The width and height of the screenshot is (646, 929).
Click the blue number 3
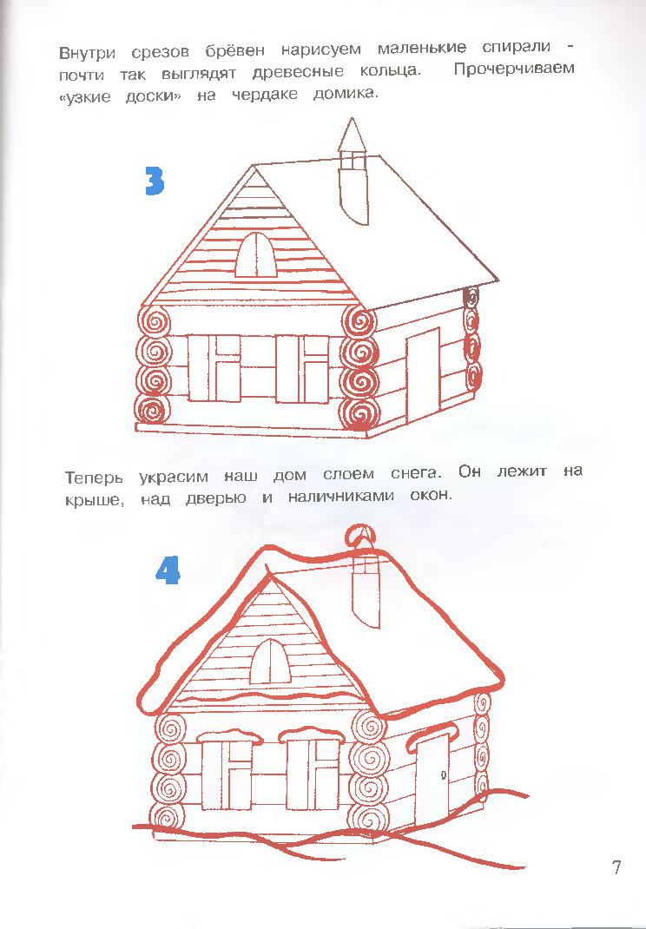point(154,181)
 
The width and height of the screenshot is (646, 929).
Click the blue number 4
point(168,571)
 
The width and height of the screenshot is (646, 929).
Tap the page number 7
point(617,867)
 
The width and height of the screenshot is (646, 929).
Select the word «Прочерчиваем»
point(514,69)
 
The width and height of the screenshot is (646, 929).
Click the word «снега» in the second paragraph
point(417,474)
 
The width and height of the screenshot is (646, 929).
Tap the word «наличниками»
point(340,497)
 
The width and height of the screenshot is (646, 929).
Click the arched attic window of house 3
point(256,254)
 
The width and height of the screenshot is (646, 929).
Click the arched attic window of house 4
point(270,662)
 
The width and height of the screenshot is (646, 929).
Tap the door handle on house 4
point(443,775)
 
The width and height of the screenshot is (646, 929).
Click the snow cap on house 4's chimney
point(361,538)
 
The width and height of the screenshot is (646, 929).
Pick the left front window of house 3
point(214,368)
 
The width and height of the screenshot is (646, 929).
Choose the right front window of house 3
point(301,369)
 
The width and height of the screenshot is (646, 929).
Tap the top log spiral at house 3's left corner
point(155,323)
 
